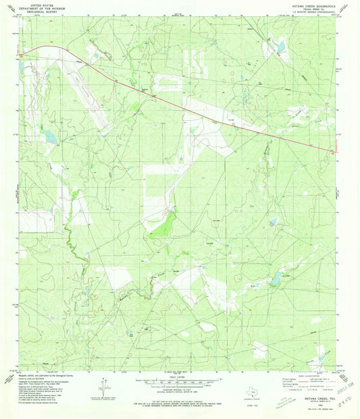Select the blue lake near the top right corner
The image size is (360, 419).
pos(278,46)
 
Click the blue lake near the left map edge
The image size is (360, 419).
pos(49,137)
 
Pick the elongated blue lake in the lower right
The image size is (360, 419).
pos(276,279)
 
